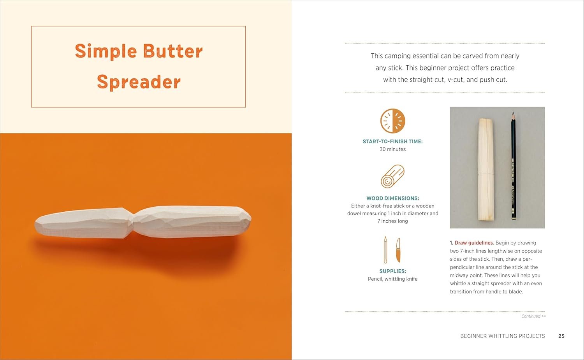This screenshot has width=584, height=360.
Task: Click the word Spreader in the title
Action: point(139,82)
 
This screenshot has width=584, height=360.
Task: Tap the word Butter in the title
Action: point(173,51)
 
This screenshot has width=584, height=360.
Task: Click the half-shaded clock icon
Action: point(392,121)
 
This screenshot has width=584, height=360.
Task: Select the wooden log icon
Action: point(392,176)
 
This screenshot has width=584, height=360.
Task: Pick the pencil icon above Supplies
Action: point(385,250)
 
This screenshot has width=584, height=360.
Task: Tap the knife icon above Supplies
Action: point(398,250)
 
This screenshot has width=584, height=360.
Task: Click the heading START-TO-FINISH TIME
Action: point(392,142)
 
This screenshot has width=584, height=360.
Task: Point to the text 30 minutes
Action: point(392,149)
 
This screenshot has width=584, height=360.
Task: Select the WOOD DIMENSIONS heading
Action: point(392,198)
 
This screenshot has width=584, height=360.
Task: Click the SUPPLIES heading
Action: point(392,271)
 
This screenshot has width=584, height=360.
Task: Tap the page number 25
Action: point(561,336)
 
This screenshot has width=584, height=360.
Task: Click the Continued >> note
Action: point(533,316)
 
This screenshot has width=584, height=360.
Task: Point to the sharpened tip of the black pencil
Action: point(513,112)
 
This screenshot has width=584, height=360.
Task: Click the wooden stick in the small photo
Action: point(486,169)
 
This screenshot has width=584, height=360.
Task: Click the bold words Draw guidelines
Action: point(474,243)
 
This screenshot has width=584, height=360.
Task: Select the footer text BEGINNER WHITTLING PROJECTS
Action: point(503,336)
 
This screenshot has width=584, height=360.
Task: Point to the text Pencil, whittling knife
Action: point(392,279)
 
